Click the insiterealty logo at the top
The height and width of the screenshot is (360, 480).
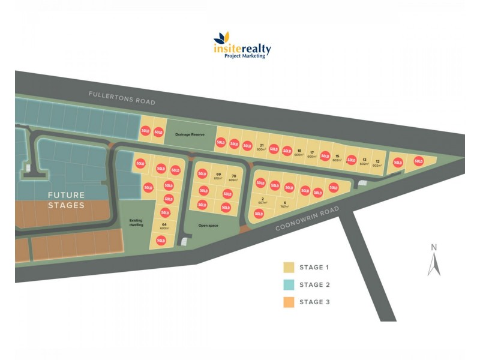[242, 44]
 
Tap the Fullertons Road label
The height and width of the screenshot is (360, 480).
[122, 98]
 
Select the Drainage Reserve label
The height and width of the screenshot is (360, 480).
[190, 134]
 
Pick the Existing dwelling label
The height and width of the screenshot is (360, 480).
[136, 222]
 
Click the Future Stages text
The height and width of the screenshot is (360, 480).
[66, 200]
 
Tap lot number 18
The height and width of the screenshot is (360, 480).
[299, 152]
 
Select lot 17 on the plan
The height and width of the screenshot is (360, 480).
[312, 154]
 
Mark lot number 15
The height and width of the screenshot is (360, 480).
[337, 157]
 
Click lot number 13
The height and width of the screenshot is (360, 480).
[364, 161]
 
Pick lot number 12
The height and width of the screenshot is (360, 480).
[377, 163]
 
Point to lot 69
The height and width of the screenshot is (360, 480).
[218, 175]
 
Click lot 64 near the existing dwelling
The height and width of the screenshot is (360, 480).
[163, 225]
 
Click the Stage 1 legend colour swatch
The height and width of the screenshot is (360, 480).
[288, 268]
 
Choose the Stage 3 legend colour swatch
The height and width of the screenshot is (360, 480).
[288, 302]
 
